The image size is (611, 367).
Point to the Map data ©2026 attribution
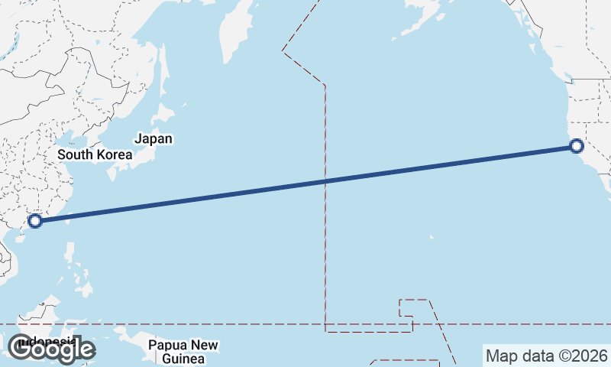pyautogui.click(x=546, y=356)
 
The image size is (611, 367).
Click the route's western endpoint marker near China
pyautogui.click(x=34, y=222)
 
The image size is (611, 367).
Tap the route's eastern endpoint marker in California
pyautogui.click(x=577, y=146)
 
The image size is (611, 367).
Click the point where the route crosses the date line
pyautogui.click(x=326, y=181)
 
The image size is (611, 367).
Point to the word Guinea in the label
pyautogui.click(x=183, y=359)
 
